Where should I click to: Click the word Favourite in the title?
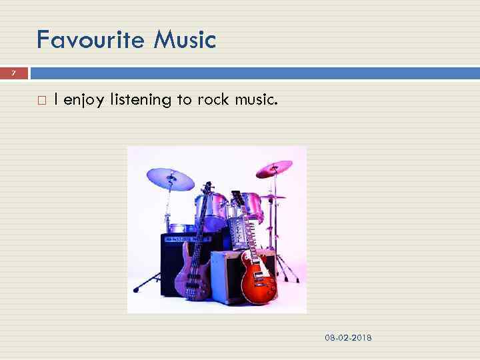pos(90,40)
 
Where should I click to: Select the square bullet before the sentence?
pos(41,101)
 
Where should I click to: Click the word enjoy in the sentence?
pos(85,101)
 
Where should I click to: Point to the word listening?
pos(141,100)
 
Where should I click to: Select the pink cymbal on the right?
pos(274,169)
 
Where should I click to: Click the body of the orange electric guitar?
pos(258,283)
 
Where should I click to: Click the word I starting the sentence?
pos(56,100)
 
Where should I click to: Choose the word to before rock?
pos(183,100)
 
